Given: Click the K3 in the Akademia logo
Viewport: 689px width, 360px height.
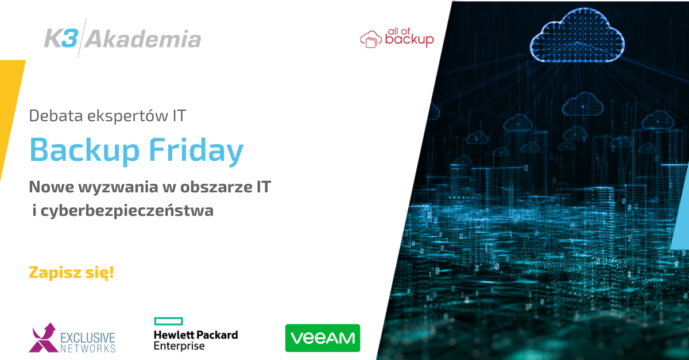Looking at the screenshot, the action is click(x=61, y=38).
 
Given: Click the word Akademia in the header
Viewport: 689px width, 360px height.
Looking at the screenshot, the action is click(x=143, y=39).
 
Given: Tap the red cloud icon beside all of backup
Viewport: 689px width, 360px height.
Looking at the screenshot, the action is click(x=371, y=39).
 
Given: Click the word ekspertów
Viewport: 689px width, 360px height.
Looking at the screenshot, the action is click(x=128, y=117).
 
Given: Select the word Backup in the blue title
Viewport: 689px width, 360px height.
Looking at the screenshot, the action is click(x=84, y=151).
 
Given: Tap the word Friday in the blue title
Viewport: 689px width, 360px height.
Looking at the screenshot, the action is click(x=196, y=151).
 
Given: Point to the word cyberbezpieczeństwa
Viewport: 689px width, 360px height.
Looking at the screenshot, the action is click(x=127, y=211).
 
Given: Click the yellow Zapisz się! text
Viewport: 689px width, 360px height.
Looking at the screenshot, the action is click(x=71, y=273).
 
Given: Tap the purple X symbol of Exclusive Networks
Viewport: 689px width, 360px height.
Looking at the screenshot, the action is click(x=43, y=338).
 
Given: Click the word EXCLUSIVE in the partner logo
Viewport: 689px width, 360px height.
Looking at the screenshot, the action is click(x=88, y=338).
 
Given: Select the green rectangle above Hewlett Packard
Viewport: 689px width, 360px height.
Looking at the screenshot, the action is click(x=169, y=321).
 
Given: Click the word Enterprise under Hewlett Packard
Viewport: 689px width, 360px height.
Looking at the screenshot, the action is click(x=179, y=346).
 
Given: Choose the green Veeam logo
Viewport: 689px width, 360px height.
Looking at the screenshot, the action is click(x=323, y=338).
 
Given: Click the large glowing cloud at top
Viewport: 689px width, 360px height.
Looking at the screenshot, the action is click(x=577, y=36).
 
